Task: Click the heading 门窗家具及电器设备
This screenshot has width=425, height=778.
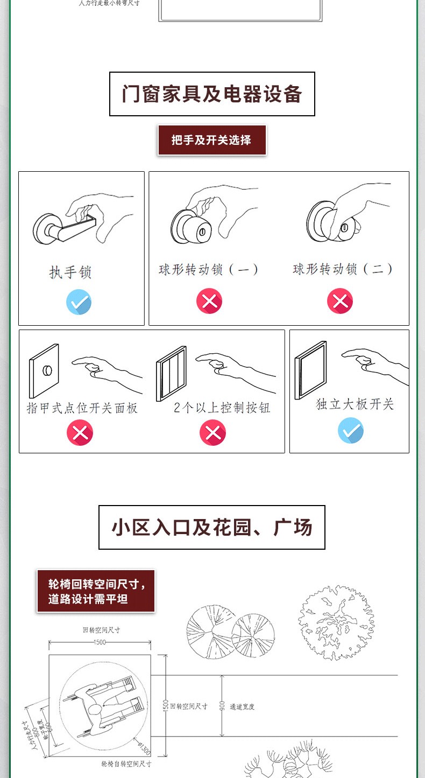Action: (212, 94)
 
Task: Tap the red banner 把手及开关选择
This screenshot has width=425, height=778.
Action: (211, 140)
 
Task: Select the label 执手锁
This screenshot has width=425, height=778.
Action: (70, 272)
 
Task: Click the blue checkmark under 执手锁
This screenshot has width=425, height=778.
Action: (79, 302)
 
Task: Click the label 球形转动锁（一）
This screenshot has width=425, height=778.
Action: (209, 269)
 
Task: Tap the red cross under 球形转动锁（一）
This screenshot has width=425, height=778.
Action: (209, 301)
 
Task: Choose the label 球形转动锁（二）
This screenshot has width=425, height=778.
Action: (343, 269)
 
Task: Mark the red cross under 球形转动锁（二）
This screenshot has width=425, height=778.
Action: (340, 301)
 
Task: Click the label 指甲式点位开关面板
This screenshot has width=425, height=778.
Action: (82, 408)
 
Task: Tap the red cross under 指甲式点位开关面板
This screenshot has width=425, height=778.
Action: (80, 433)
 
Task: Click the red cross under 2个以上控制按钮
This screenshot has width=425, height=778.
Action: (212, 433)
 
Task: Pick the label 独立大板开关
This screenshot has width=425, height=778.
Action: (355, 404)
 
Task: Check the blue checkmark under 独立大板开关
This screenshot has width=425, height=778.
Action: (351, 431)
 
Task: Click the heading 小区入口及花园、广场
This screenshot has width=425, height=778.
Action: (212, 528)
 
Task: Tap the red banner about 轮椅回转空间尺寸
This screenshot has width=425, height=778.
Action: (96, 591)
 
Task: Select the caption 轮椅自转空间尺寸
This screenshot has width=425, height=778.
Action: (126, 763)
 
